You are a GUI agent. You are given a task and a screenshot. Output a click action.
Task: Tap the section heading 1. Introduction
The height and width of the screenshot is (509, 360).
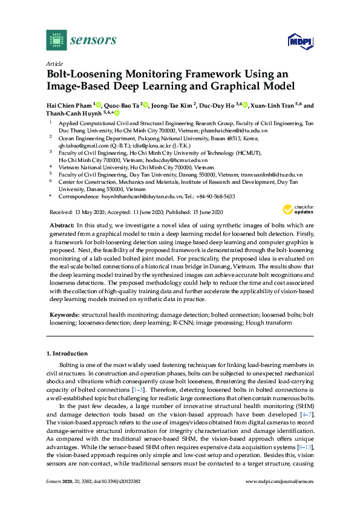tap(67, 353)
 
